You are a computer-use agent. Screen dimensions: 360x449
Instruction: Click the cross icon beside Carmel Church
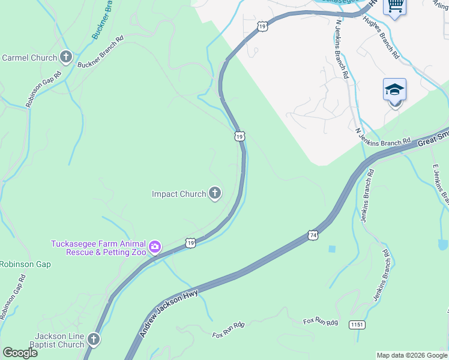[x=66, y=58]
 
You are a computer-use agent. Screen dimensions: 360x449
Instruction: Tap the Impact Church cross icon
[x=215, y=193]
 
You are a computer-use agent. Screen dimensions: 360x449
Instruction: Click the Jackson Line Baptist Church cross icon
[x=93, y=340]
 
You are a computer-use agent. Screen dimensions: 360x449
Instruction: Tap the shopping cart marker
[x=394, y=6]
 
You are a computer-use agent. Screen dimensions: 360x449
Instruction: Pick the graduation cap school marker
[x=394, y=90]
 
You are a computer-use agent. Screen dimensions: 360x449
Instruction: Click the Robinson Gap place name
[x=25, y=264]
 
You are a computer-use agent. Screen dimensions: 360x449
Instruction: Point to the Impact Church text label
[x=179, y=194]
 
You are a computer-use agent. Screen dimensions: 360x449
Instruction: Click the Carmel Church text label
[x=29, y=58]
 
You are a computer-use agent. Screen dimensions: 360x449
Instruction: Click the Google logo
[x=20, y=352]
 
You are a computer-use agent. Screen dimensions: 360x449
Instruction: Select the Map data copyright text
[x=411, y=355]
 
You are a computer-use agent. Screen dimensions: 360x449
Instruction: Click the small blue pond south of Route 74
[x=332, y=248]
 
